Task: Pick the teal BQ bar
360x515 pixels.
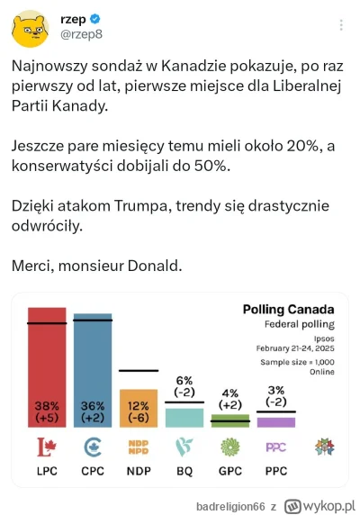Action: (x=184, y=418)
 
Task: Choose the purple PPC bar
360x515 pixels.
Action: (x=276, y=421)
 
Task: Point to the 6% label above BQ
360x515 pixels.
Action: (x=184, y=381)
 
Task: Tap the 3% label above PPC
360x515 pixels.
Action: (x=276, y=389)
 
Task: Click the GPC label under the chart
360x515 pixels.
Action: (x=230, y=471)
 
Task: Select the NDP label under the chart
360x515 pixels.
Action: (x=139, y=471)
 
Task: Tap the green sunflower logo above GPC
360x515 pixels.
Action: (x=230, y=447)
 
